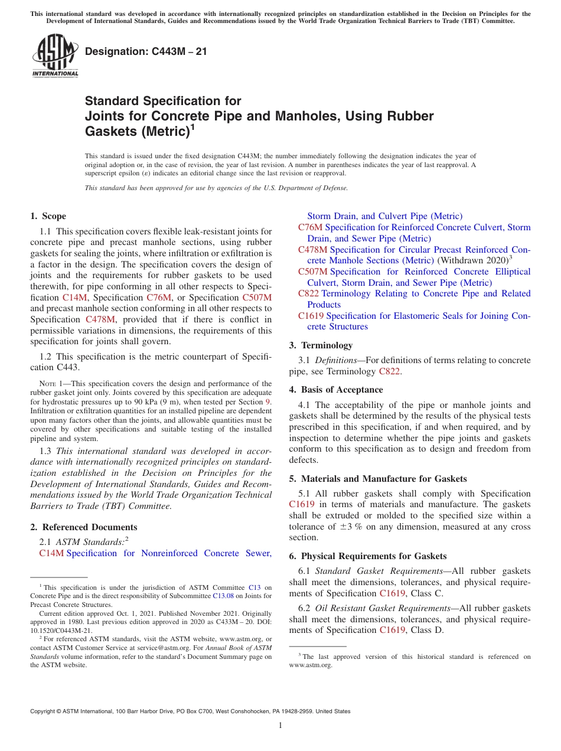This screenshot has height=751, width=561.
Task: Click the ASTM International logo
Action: [x=54, y=57]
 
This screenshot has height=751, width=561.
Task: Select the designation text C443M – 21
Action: [x=146, y=51]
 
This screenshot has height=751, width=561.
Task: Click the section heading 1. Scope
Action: [x=48, y=216]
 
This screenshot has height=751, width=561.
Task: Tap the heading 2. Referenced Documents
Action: [x=84, y=527]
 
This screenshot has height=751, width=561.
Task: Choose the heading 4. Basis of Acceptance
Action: [x=335, y=390]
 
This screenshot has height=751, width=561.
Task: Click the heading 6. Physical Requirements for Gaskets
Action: [x=368, y=556]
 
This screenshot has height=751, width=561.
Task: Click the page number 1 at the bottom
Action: [x=280, y=725]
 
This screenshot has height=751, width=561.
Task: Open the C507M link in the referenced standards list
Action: [x=313, y=272]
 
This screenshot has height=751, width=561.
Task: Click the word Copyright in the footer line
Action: [x=44, y=711]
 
